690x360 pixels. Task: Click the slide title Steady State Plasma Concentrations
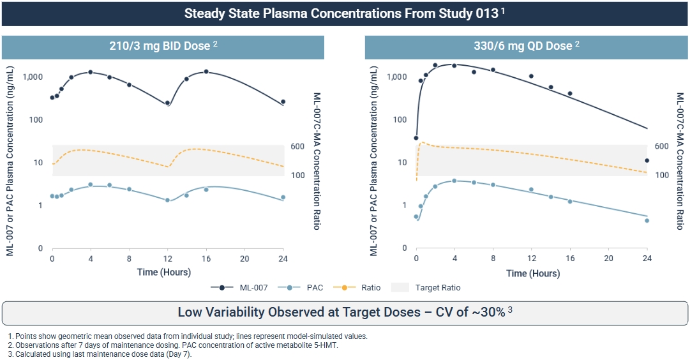coord(345,13)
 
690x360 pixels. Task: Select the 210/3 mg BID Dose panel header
coord(163,46)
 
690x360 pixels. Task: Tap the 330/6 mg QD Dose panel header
coord(527,46)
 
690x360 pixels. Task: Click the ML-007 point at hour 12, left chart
coord(167,103)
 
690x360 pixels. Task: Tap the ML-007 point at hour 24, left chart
coord(283,101)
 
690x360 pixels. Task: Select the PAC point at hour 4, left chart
coord(91,184)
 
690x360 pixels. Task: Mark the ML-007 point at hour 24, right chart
coord(647,161)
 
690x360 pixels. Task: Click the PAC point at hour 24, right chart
coord(647,221)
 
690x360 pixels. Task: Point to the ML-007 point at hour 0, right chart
coord(416,138)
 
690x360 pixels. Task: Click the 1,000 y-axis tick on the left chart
coord(33,77)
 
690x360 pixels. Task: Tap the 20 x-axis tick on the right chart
coord(608,259)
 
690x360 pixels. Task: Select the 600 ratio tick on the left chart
coord(297,146)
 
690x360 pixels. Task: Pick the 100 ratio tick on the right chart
coord(661,175)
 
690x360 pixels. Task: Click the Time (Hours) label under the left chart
coord(163,273)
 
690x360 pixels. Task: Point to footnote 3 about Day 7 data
coord(103,354)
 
